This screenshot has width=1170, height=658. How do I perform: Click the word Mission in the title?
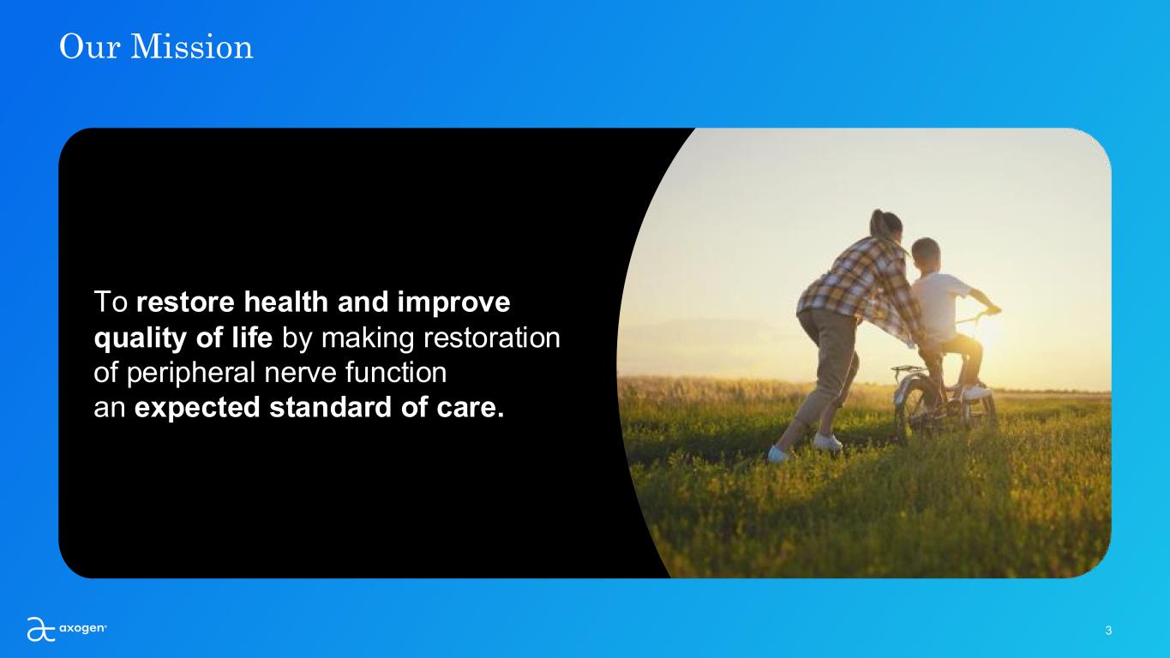191,46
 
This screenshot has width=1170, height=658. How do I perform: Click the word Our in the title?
90,46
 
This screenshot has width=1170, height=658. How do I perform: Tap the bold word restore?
185,302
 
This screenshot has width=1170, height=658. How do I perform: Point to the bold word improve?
454,303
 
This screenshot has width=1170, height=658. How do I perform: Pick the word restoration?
491,338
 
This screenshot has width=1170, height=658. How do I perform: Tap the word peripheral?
191,374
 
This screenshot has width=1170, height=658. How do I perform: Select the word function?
395,373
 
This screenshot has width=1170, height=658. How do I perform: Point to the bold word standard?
330,407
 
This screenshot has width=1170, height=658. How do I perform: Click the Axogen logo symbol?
41,629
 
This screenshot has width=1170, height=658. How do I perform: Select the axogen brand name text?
82,628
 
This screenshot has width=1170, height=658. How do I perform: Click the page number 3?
1108,631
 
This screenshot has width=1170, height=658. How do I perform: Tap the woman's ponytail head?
886,224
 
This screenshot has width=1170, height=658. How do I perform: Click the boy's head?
926,254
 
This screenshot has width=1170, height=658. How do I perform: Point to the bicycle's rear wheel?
913,408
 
